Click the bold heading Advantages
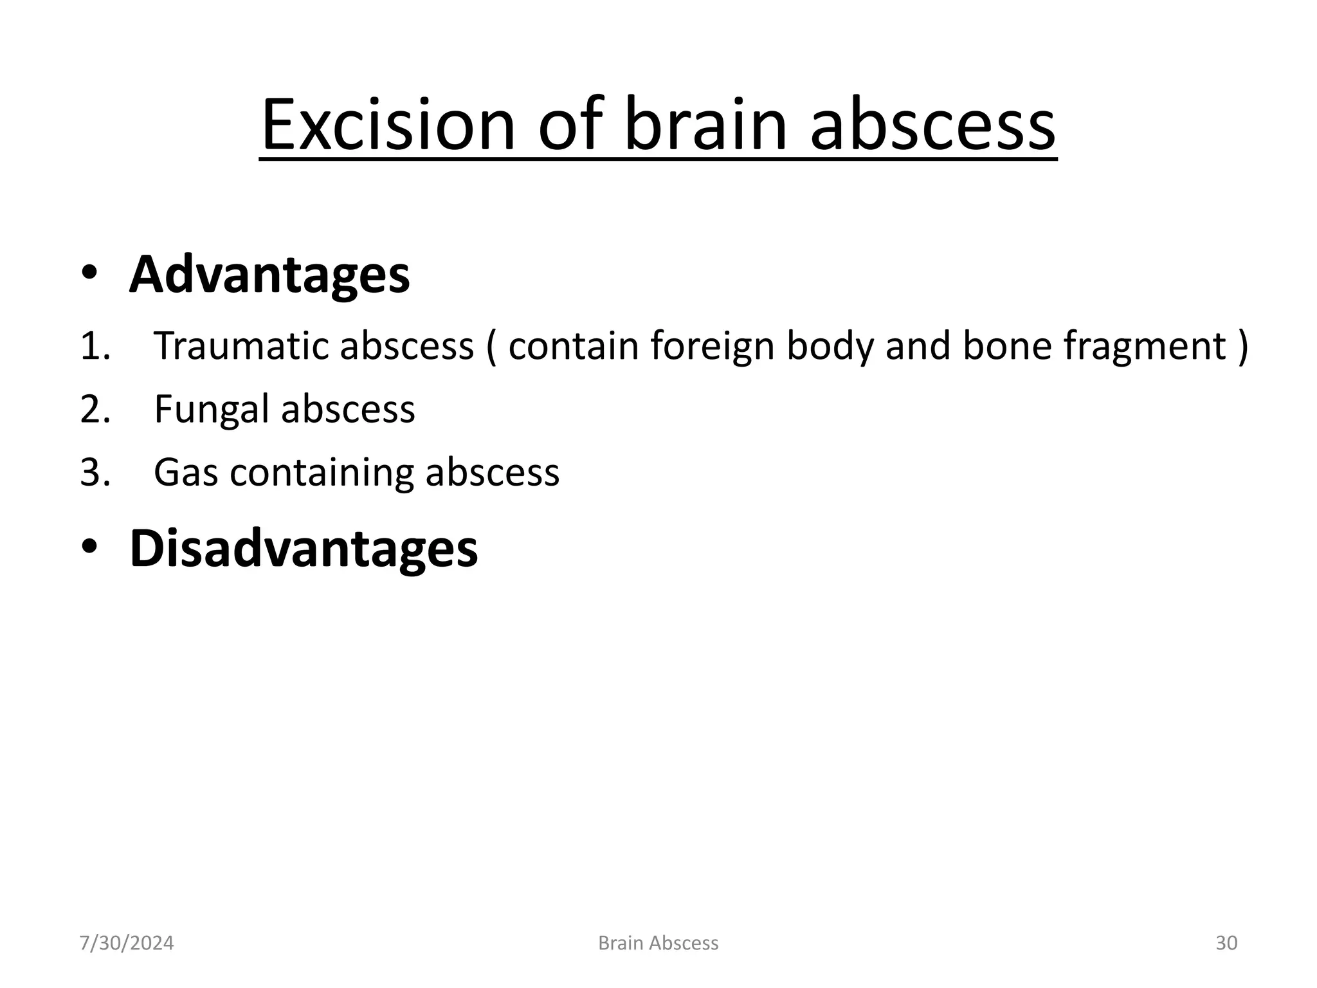[x=269, y=275]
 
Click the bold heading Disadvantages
[x=304, y=548]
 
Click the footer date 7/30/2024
[x=127, y=943]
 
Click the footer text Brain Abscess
[x=658, y=943]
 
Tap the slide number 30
[x=1226, y=943]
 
